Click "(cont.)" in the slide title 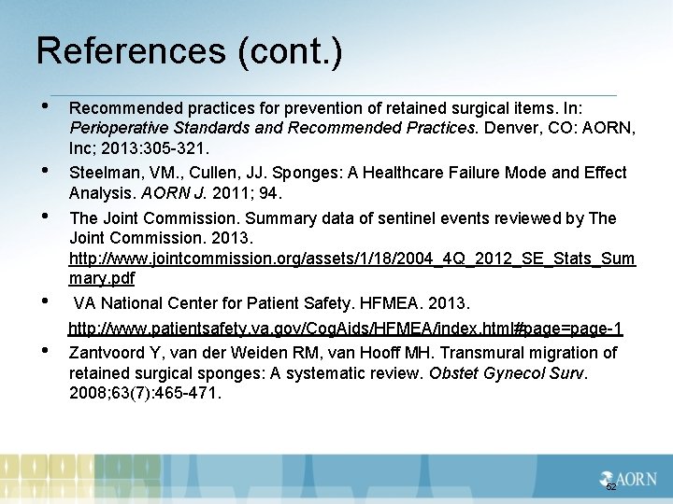pos(290,51)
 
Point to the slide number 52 pos(611,487)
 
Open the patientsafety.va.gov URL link pos(345,329)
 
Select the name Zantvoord pos(108,353)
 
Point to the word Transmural pos(485,353)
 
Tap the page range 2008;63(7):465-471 pos(145,393)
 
